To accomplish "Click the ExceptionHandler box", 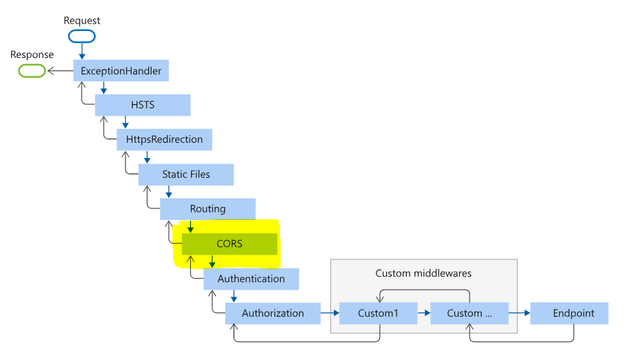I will click(x=121, y=70).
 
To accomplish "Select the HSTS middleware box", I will click(x=142, y=105).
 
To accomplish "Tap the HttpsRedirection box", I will click(x=164, y=139).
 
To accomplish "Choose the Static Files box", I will click(x=185, y=174).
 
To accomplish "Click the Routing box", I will click(x=208, y=209).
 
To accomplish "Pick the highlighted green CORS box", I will click(x=229, y=243).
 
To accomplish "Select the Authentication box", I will click(x=251, y=279).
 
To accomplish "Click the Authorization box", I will click(x=272, y=313).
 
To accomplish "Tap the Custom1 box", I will click(x=379, y=313).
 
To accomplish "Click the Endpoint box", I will click(x=569, y=313).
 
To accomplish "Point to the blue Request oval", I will click(x=82, y=36).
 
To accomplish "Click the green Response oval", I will click(x=31, y=70).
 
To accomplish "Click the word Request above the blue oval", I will click(x=82, y=21).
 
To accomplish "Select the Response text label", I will click(x=32, y=54).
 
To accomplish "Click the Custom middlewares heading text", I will click(x=423, y=274).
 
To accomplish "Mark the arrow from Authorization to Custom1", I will click(x=330, y=313).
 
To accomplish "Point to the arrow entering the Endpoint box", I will click(x=519, y=313).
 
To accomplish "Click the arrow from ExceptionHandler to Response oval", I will click(x=59, y=70).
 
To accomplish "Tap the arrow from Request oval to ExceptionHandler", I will click(x=82, y=51).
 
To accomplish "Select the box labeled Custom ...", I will click(x=469, y=313).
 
